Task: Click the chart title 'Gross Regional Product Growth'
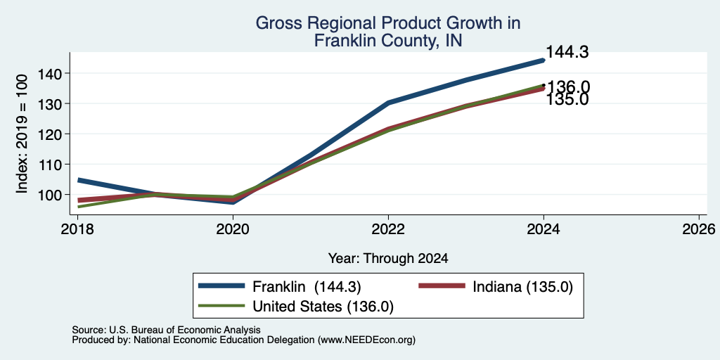click(x=388, y=23)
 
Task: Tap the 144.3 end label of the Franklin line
click(x=567, y=52)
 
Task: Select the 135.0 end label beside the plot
click(x=567, y=98)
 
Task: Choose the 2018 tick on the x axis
click(x=77, y=229)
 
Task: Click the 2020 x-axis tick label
click(x=233, y=229)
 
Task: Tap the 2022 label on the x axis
click(x=388, y=229)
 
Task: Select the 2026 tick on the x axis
click(x=699, y=229)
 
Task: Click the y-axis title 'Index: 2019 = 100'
click(x=22, y=134)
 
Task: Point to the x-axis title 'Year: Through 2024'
click(x=388, y=259)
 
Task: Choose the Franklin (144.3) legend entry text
click(x=307, y=287)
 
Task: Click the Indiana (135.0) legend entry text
click(x=522, y=287)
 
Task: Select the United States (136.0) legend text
click(x=323, y=306)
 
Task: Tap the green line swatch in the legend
click(x=221, y=305)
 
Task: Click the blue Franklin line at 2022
click(x=388, y=103)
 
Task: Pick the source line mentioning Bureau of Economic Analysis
click(x=166, y=330)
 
